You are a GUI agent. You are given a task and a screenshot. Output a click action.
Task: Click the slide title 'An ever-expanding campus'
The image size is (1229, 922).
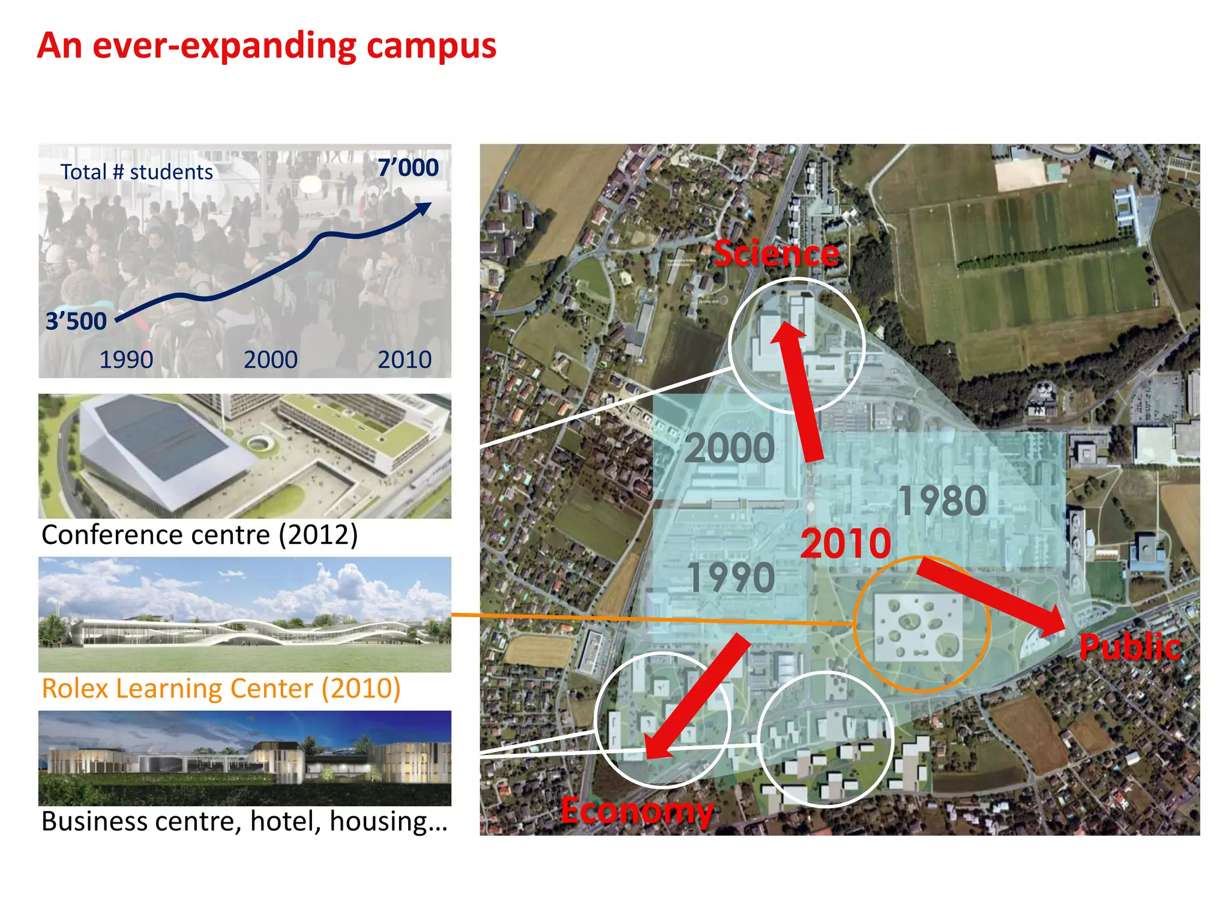click(266, 46)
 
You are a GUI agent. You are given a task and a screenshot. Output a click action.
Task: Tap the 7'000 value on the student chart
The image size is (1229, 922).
click(408, 167)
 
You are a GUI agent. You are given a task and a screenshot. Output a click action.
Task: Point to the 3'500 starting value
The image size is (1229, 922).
click(76, 321)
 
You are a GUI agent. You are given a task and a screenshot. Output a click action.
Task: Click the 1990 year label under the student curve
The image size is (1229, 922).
click(126, 360)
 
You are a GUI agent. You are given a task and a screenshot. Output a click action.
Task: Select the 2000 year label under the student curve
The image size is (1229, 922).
click(271, 360)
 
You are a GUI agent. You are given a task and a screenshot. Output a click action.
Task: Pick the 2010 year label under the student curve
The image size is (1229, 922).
click(404, 360)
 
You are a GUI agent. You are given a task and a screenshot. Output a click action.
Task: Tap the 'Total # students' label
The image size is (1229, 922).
click(136, 172)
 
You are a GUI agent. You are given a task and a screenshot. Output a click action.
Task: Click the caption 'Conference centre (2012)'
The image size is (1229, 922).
click(199, 535)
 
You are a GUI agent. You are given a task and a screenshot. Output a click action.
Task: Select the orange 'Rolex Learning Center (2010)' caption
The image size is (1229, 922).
click(221, 688)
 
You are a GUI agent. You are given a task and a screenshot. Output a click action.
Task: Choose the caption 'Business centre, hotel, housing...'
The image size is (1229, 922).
click(244, 821)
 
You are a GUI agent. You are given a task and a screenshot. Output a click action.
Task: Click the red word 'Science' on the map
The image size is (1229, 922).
click(777, 253)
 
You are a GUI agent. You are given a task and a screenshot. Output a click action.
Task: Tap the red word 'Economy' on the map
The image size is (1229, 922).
click(637, 810)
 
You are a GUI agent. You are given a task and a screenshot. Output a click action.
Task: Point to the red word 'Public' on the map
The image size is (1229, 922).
click(1130, 647)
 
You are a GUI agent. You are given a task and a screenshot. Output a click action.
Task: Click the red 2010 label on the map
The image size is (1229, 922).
click(846, 543)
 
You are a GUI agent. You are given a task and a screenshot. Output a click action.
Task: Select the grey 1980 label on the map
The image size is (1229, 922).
click(942, 501)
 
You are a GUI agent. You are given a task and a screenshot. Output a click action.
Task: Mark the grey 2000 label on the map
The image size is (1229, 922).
click(730, 448)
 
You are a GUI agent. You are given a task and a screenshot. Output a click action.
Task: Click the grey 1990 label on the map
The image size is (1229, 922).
click(731, 577)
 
